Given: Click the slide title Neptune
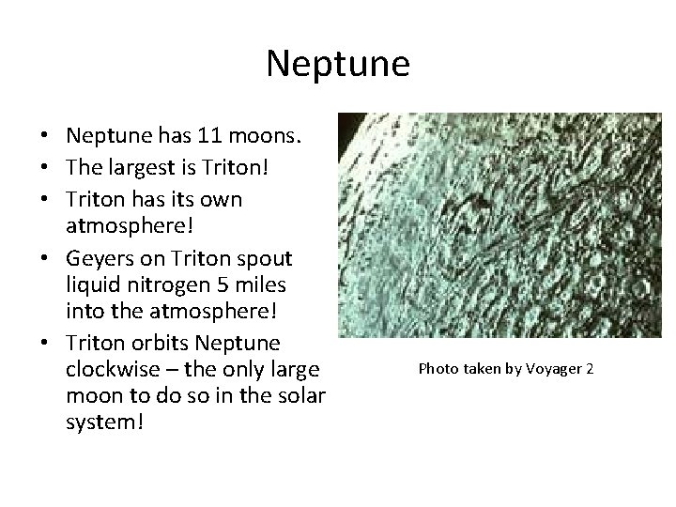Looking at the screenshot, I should point(338,64).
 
